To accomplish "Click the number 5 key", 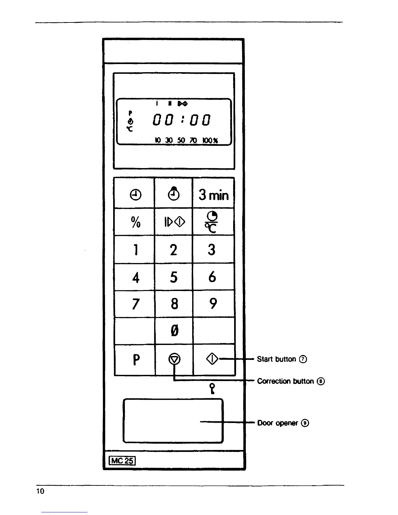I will (174, 277).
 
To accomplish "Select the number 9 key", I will (213, 304).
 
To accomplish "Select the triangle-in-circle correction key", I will (175, 359).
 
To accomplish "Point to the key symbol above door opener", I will (212, 389).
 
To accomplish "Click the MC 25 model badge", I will (122, 461).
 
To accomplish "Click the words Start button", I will (276, 359).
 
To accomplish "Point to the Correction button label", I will (285, 381).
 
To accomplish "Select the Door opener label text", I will (277, 423).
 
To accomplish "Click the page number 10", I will (40, 491).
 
